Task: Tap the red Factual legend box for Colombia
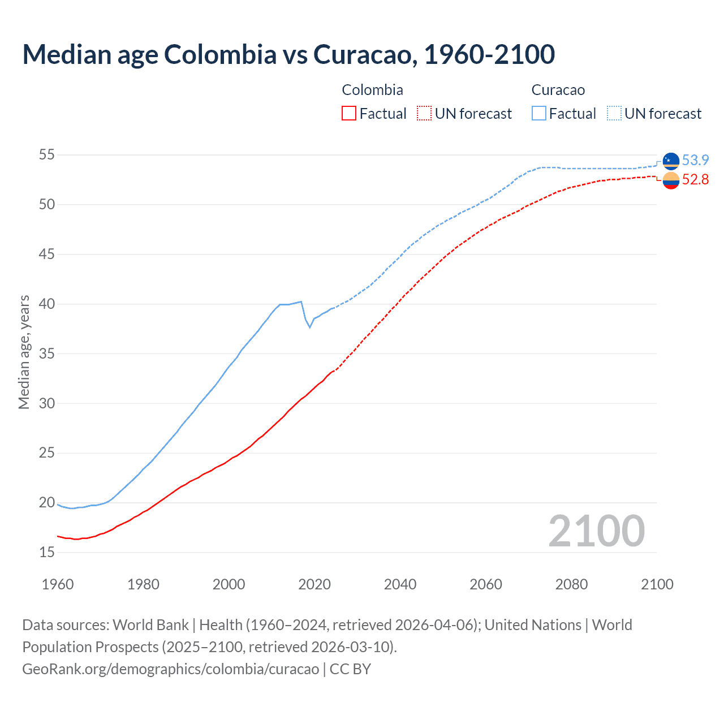(349, 113)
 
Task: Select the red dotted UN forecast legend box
(424, 113)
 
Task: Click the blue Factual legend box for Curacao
(539, 113)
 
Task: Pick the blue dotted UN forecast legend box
(614, 113)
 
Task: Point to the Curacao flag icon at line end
(671, 161)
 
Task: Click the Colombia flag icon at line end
(671, 180)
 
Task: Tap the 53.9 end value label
(695, 161)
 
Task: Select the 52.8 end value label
(695, 180)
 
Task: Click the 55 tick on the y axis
(47, 155)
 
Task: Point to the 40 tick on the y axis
(47, 304)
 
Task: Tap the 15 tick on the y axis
(47, 552)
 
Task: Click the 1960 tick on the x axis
(58, 584)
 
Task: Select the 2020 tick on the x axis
(314, 584)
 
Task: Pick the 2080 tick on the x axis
(571, 584)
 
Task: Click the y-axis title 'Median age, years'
(24, 352)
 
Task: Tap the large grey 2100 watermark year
(597, 531)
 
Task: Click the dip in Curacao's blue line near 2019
(309, 326)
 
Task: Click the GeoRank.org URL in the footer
(170, 669)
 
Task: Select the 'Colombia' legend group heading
(372, 90)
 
